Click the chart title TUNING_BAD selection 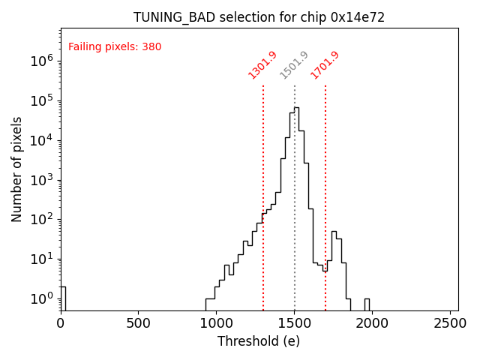click(x=259, y=17)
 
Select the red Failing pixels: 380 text click(x=115, y=47)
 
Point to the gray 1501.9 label click(x=294, y=64)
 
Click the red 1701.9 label click(x=325, y=64)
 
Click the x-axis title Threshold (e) click(x=259, y=341)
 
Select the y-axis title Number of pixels click(x=17, y=169)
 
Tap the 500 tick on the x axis click(x=138, y=323)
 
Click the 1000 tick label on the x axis click(x=216, y=323)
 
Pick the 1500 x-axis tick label click(x=294, y=323)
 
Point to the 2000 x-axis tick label click(x=372, y=323)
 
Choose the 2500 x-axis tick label click(x=450, y=323)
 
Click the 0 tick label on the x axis click(x=61, y=323)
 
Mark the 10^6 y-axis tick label click(x=42, y=61)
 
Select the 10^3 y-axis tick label click(x=42, y=180)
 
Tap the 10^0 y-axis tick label click(x=42, y=298)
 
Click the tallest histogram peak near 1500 click(x=297, y=109)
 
